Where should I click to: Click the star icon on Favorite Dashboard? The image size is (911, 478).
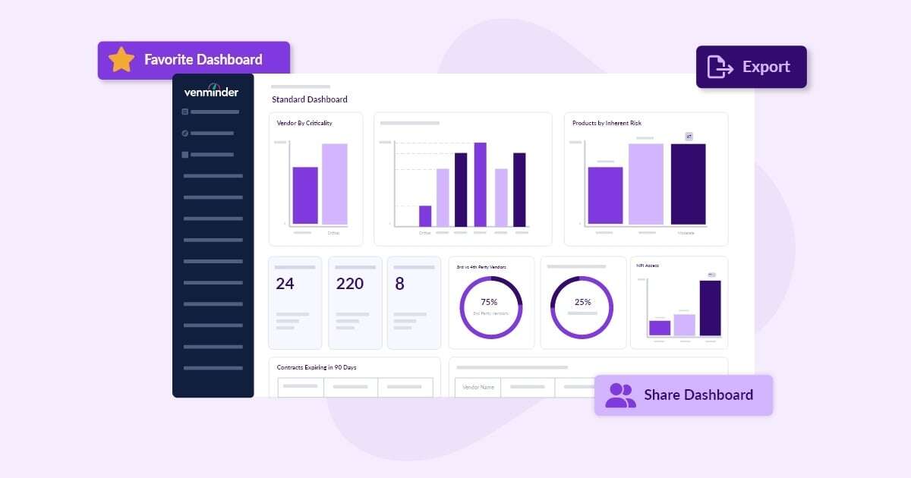coord(121,60)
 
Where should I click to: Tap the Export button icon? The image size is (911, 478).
coord(720,67)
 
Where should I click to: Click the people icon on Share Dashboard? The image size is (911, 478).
coord(620,395)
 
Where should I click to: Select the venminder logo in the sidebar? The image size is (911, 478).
coord(211,92)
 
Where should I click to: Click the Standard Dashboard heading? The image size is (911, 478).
coord(310,99)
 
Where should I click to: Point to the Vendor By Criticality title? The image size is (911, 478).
coord(304,123)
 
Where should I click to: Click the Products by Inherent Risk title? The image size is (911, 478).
coord(607,123)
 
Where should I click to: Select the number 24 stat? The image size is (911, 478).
coord(285,284)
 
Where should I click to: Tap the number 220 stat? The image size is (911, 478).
coord(350,284)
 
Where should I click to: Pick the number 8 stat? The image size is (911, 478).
coord(400,284)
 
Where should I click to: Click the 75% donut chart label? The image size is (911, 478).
coord(489,302)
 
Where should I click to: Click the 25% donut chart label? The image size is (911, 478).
coord(582,302)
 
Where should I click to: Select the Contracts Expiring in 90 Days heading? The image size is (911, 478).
coord(317,367)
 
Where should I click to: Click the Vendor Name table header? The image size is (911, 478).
coord(478,387)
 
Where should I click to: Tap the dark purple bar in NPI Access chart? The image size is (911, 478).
coord(710,308)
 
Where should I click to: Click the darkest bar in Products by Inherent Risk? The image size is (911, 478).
coord(688,184)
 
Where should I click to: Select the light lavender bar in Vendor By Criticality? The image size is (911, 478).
coord(334,184)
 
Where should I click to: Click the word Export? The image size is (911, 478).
coord(766,67)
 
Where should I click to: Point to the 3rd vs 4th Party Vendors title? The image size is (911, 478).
coord(481,267)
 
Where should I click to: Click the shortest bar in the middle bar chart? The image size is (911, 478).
coord(425,215)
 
